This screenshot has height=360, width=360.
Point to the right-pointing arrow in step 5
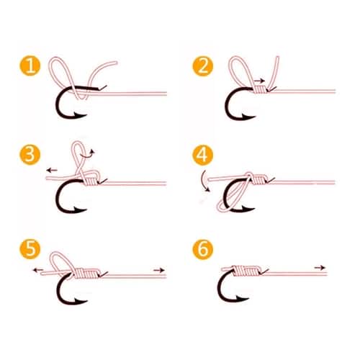(159, 270)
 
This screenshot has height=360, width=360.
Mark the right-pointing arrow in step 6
(318, 267)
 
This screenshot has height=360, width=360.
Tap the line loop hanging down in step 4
(227, 202)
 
